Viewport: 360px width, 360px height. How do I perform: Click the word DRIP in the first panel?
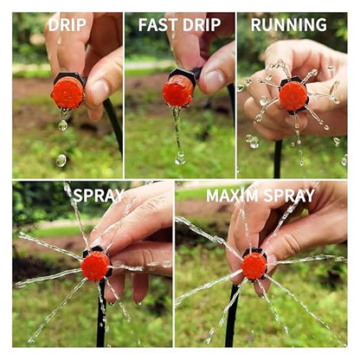tap(67, 25)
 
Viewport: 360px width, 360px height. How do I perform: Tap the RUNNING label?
tap(289, 25)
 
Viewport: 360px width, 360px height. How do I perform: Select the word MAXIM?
tap(232, 196)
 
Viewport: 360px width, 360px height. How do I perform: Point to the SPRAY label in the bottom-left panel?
tap(99, 196)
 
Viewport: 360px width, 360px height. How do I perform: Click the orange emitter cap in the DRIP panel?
tap(67, 93)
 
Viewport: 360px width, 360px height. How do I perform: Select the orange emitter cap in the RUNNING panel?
tap(293, 96)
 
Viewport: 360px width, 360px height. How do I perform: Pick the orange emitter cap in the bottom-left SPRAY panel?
tap(95, 266)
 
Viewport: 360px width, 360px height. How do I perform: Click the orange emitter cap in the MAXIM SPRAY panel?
tap(254, 266)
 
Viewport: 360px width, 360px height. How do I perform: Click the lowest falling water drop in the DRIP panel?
tap(61, 160)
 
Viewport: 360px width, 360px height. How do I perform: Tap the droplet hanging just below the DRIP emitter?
tap(62, 125)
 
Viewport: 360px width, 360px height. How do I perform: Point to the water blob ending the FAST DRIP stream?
tap(180, 158)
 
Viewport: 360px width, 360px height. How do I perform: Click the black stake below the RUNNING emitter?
tap(278, 158)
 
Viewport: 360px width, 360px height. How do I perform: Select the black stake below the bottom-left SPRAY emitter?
tap(101, 313)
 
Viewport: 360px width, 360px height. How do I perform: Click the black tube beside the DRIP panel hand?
tap(113, 124)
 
